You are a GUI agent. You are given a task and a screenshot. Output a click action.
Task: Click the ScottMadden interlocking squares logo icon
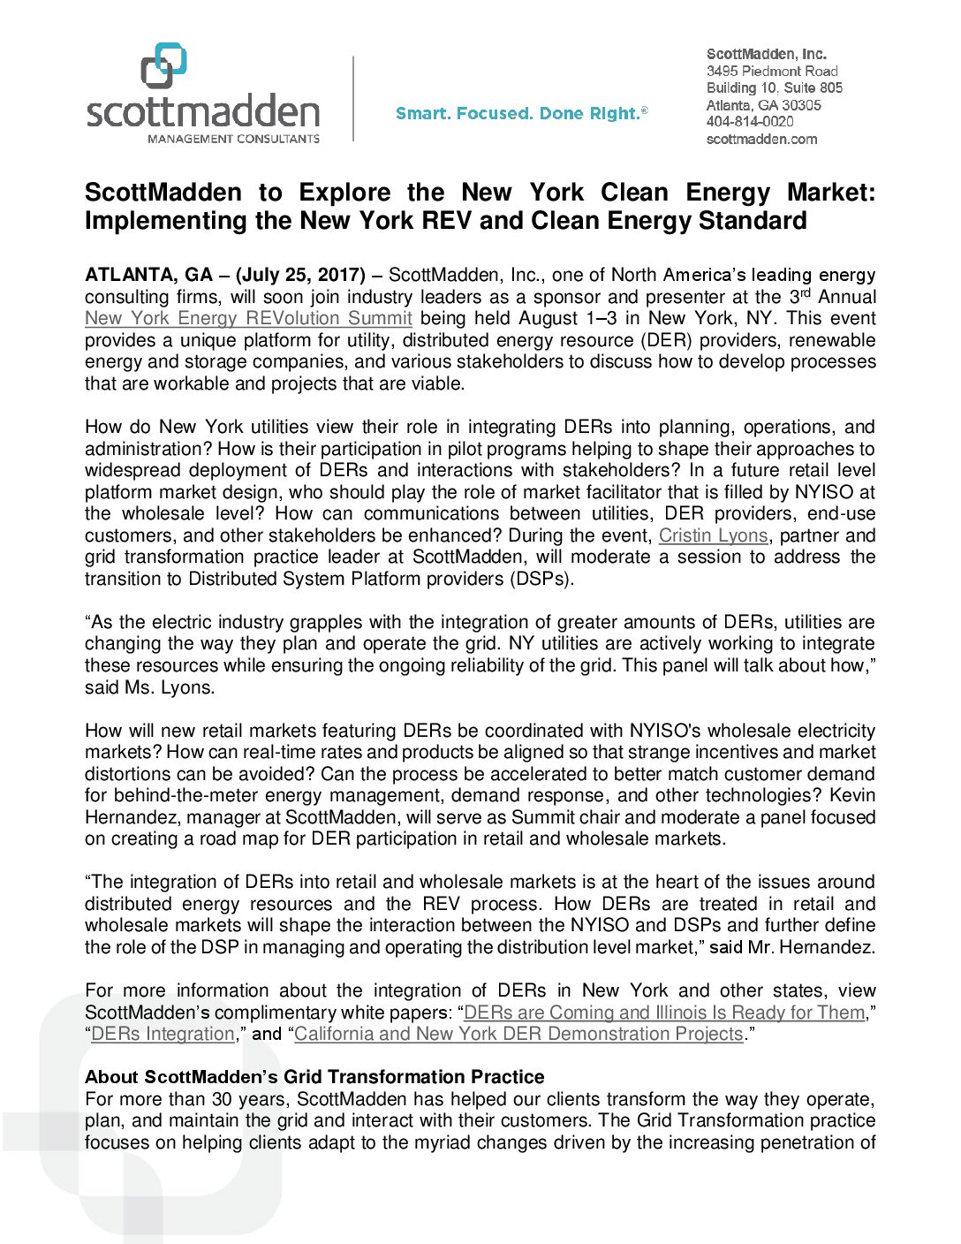coord(164,65)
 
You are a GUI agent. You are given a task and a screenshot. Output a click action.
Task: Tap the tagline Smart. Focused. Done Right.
coord(521,113)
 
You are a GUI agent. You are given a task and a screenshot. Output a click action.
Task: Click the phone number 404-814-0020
coord(750,122)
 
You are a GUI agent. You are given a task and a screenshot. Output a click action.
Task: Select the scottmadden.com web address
coord(761,139)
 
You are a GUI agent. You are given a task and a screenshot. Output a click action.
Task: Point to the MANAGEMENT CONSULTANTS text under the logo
coord(233,139)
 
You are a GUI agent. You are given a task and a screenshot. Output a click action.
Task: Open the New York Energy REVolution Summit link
coord(248,319)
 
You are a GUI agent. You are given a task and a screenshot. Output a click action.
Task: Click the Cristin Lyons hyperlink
coord(713,535)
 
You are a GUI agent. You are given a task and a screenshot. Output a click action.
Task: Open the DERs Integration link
coord(163,1035)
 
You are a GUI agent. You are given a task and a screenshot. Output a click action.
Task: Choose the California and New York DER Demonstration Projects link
coord(518,1035)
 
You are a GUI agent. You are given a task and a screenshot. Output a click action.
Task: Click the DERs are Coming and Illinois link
coord(664,1013)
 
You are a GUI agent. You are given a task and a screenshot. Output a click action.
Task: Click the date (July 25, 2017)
coord(300,276)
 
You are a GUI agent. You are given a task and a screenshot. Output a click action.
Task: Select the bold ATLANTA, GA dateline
coord(148,276)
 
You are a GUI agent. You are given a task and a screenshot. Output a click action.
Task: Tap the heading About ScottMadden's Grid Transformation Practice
coord(314,1077)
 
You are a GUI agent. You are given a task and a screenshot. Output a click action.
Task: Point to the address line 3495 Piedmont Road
coord(772,71)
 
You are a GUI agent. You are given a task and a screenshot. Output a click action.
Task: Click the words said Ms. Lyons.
coord(149,687)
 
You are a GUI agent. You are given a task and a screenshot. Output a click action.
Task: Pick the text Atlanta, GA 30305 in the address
coord(763,105)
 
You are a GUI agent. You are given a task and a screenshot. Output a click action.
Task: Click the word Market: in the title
coord(830,193)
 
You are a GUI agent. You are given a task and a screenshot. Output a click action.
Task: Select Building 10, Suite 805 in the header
coord(774,87)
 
